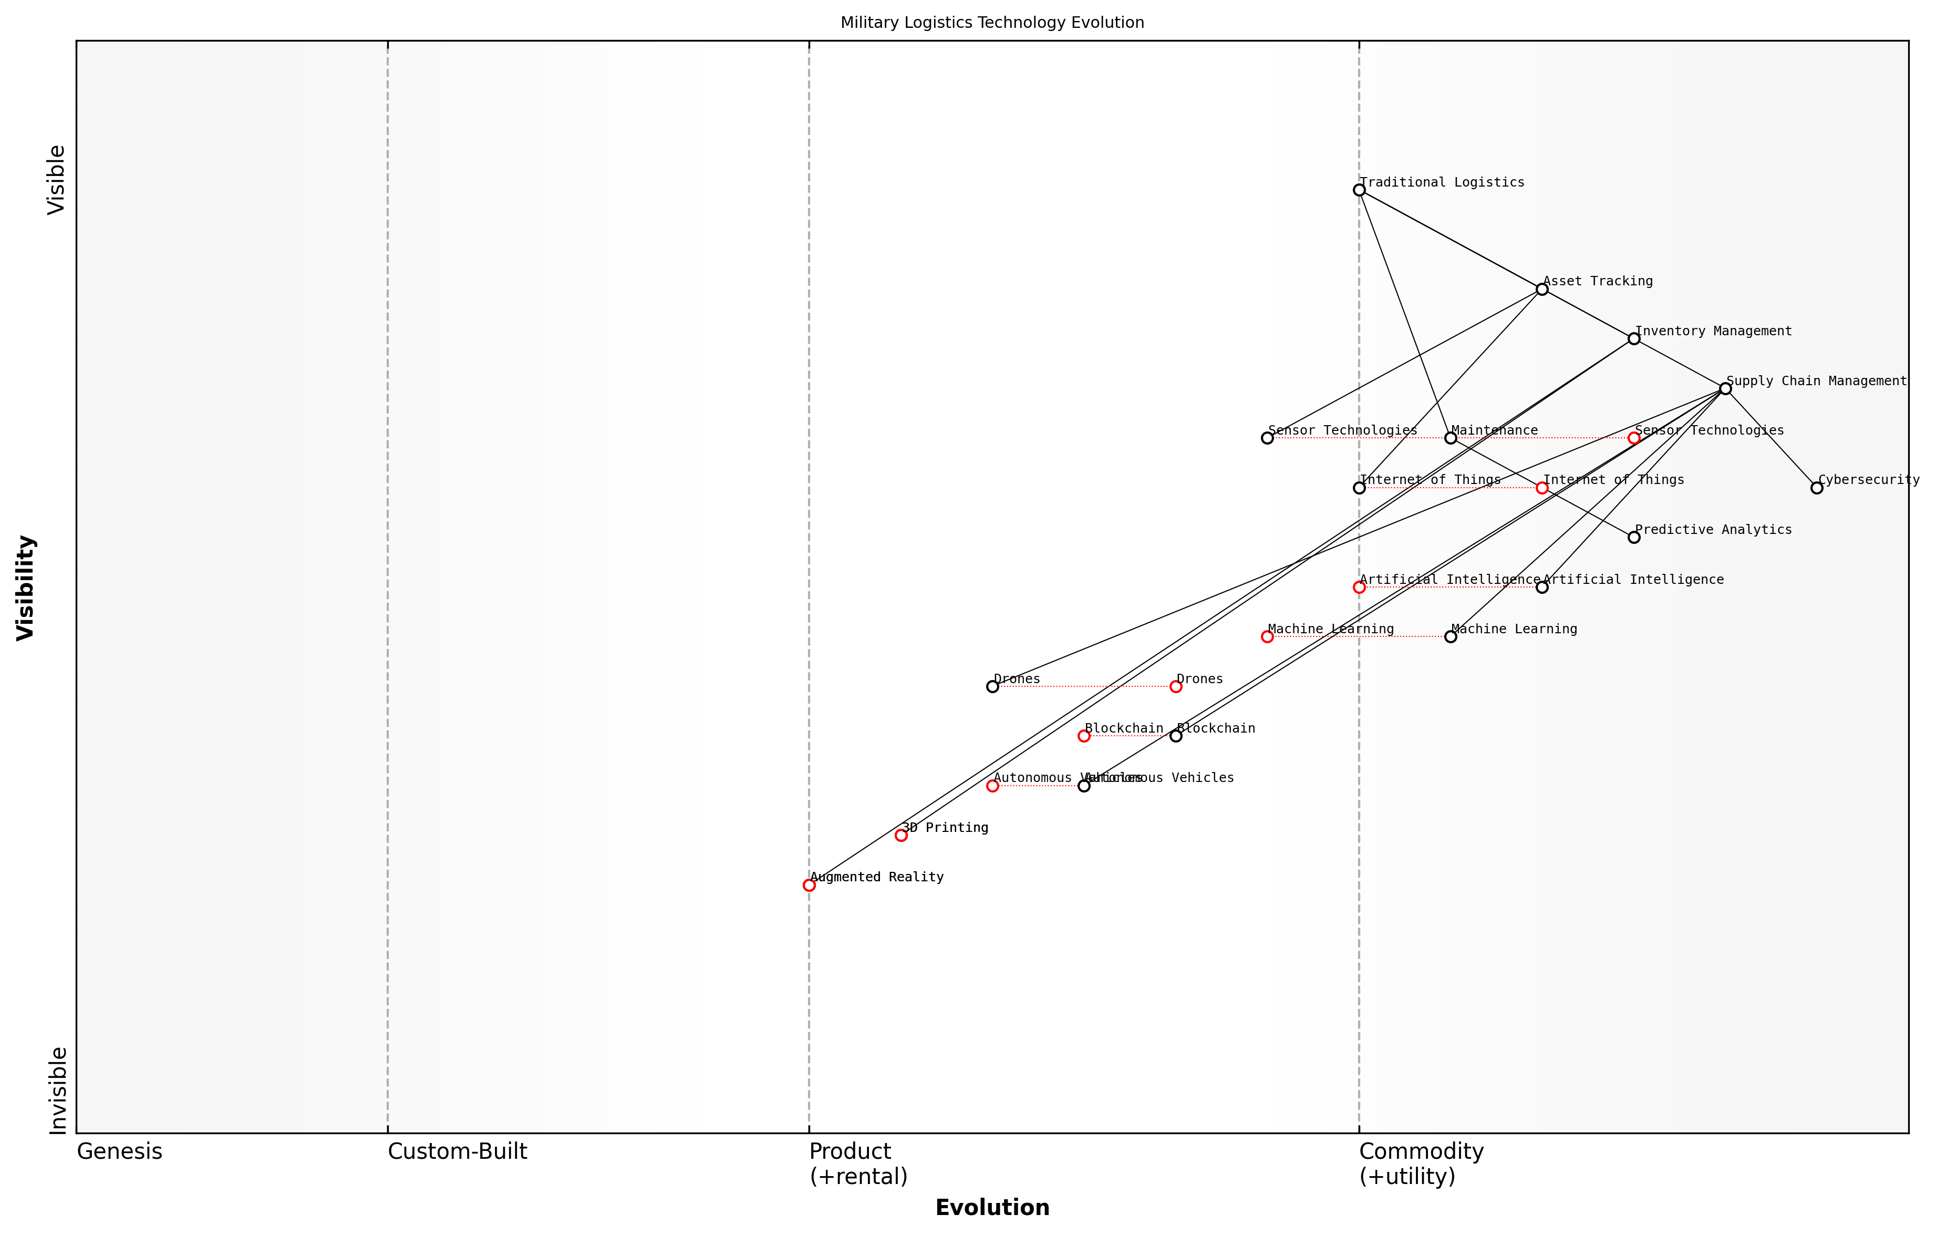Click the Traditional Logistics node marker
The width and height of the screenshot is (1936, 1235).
click(x=1359, y=190)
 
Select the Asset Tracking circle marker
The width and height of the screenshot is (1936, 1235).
click(x=1542, y=289)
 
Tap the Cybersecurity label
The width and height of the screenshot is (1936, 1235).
click(x=1868, y=480)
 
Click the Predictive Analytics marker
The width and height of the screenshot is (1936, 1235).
click(x=1634, y=537)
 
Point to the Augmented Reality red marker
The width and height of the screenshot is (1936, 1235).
click(x=809, y=885)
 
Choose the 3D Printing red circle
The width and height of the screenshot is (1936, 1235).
click(x=900, y=836)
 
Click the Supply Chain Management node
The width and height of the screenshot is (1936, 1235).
click(x=1725, y=388)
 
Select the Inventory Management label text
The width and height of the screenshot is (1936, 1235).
click(x=1713, y=331)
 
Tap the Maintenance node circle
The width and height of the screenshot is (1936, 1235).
click(x=1451, y=438)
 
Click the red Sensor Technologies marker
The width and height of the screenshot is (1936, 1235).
click(x=1634, y=438)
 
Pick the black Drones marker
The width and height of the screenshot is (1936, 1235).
click(x=992, y=687)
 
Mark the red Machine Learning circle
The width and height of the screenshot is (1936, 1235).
click(x=1267, y=637)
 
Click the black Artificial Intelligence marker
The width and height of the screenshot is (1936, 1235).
click(x=1542, y=587)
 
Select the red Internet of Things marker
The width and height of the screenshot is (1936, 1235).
click(x=1542, y=488)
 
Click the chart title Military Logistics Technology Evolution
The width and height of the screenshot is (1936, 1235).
click(x=992, y=23)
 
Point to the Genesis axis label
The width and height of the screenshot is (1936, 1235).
click(x=119, y=1151)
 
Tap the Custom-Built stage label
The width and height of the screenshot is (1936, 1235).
click(x=458, y=1151)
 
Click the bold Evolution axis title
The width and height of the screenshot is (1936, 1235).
click(x=992, y=1208)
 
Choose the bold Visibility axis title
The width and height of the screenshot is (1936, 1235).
click(x=26, y=587)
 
